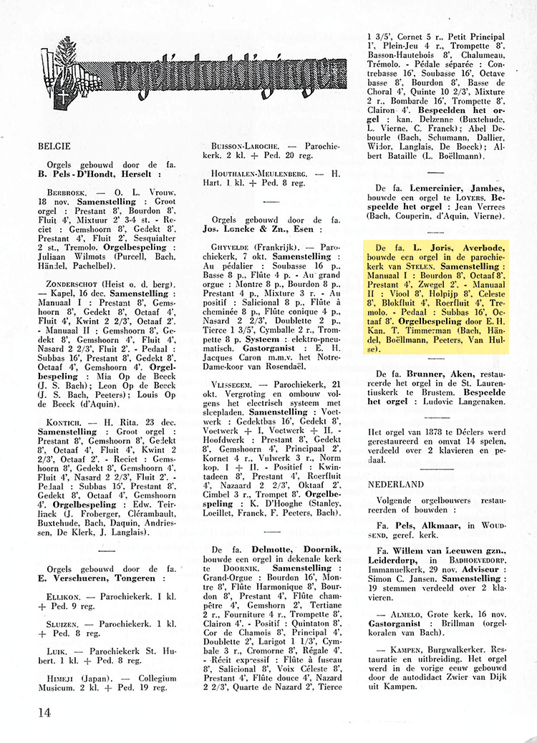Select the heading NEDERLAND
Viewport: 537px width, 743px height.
[x=396, y=485]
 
